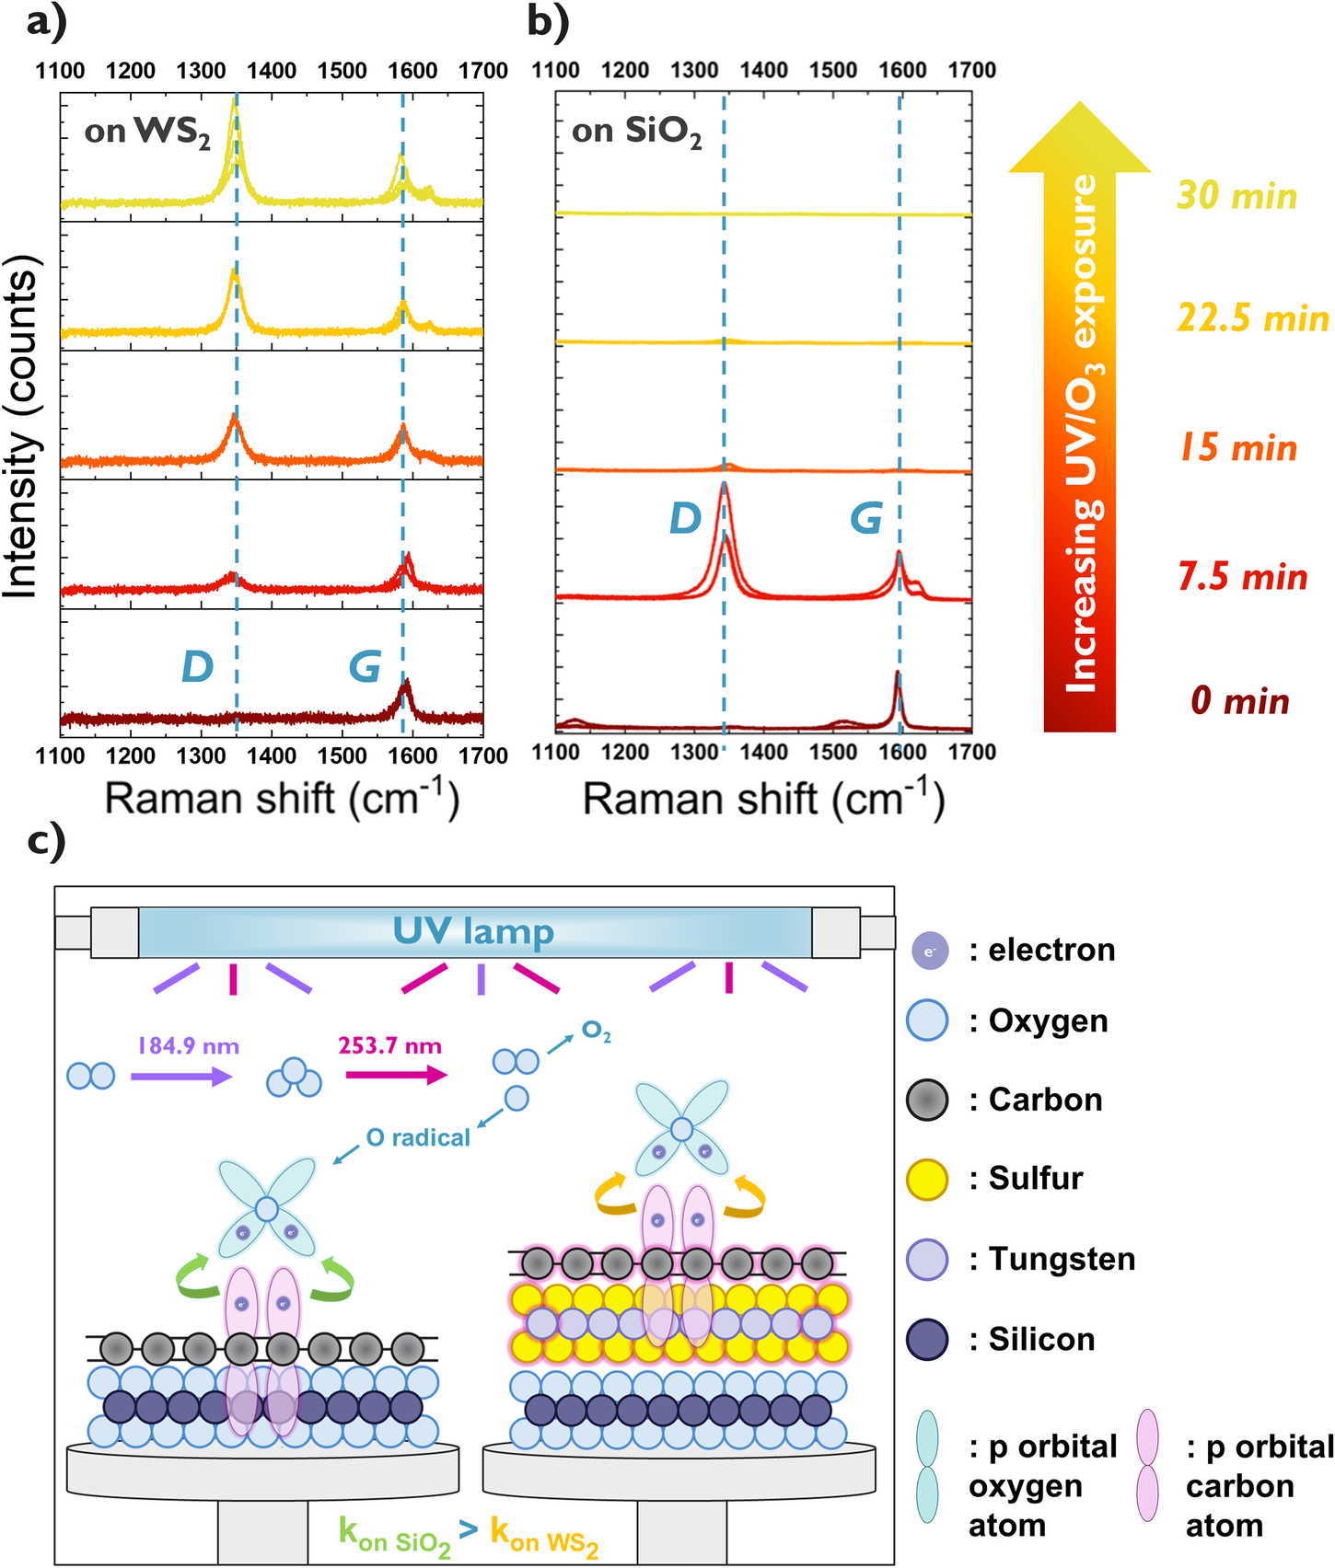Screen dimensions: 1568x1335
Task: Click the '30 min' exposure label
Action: pyautogui.click(x=1236, y=196)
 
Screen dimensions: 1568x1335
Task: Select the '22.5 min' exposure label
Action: pyautogui.click(x=1253, y=318)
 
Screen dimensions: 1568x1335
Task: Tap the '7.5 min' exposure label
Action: pyautogui.click(x=1243, y=577)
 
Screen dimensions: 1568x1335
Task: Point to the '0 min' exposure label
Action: pyautogui.click(x=1239, y=701)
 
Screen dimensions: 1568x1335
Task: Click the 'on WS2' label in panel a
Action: pyautogui.click(x=147, y=133)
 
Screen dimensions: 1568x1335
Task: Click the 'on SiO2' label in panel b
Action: pyautogui.click(x=636, y=133)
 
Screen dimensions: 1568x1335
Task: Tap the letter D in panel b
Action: pyautogui.click(x=685, y=519)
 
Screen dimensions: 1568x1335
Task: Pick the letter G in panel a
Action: pyautogui.click(x=365, y=666)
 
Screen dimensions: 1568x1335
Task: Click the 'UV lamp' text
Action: pyautogui.click(x=473, y=931)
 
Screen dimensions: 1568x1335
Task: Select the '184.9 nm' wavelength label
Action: pyautogui.click(x=188, y=1046)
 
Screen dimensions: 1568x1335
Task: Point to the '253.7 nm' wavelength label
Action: pyautogui.click(x=389, y=1046)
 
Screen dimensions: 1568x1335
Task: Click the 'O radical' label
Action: pyautogui.click(x=418, y=1138)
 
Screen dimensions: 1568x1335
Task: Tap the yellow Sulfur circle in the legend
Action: pyautogui.click(x=927, y=1180)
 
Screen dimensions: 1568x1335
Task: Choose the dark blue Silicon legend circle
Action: pyautogui.click(x=927, y=1340)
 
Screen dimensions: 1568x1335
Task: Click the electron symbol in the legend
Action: pyautogui.click(x=929, y=951)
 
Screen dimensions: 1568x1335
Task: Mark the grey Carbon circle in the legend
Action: pyautogui.click(x=927, y=1101)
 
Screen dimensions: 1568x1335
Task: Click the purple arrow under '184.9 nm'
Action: pyautogui.click(x=180, y=1076)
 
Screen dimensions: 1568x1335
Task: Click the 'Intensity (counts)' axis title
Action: pyautogui.click(x=22, y=428)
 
